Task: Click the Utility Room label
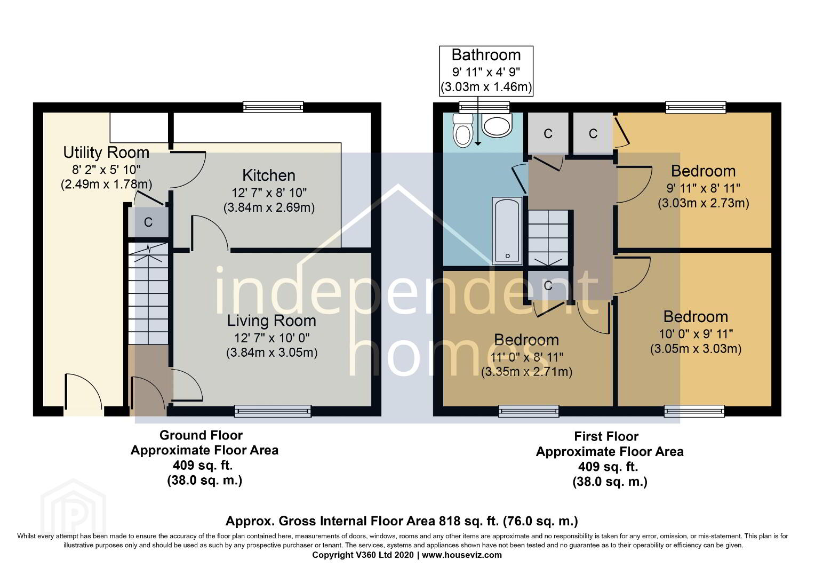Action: pyautogui.click(x=106, y=153)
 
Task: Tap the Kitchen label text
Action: pyautogui.click(x=269, y=175)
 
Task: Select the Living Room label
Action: pyautogui.click(x=271, y=321)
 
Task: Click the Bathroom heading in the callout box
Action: pyautogui.click(x=486, y=55)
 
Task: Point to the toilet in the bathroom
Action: pyautogui.click(x=463, y=131)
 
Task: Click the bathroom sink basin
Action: pyautogui.click(x=497, y=125)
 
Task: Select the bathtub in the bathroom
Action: pyautogui.click(x=507, y=231)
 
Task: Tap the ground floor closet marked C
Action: pyautogui.click(x=148, y=222)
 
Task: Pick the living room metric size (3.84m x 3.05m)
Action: pyautogui.click(x=272, y=353)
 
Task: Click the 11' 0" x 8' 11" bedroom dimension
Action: pyautogui.click(x=526, y=357)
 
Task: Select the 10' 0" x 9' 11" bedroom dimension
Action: pyautogui.click(x=696, y=334)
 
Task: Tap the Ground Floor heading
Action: pyautogui.click(x=201, y=435)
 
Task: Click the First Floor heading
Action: pyautogui.click(x=606, y=436)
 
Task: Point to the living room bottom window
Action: pyautogui.click(x=273, y=411)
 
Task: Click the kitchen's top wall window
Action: pyautogui.click(x=273, y=107)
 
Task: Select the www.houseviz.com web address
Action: pyautogui.click(x=462, y=555)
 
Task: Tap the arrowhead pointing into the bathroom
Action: pyautogui.click(x=477, y=143)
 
